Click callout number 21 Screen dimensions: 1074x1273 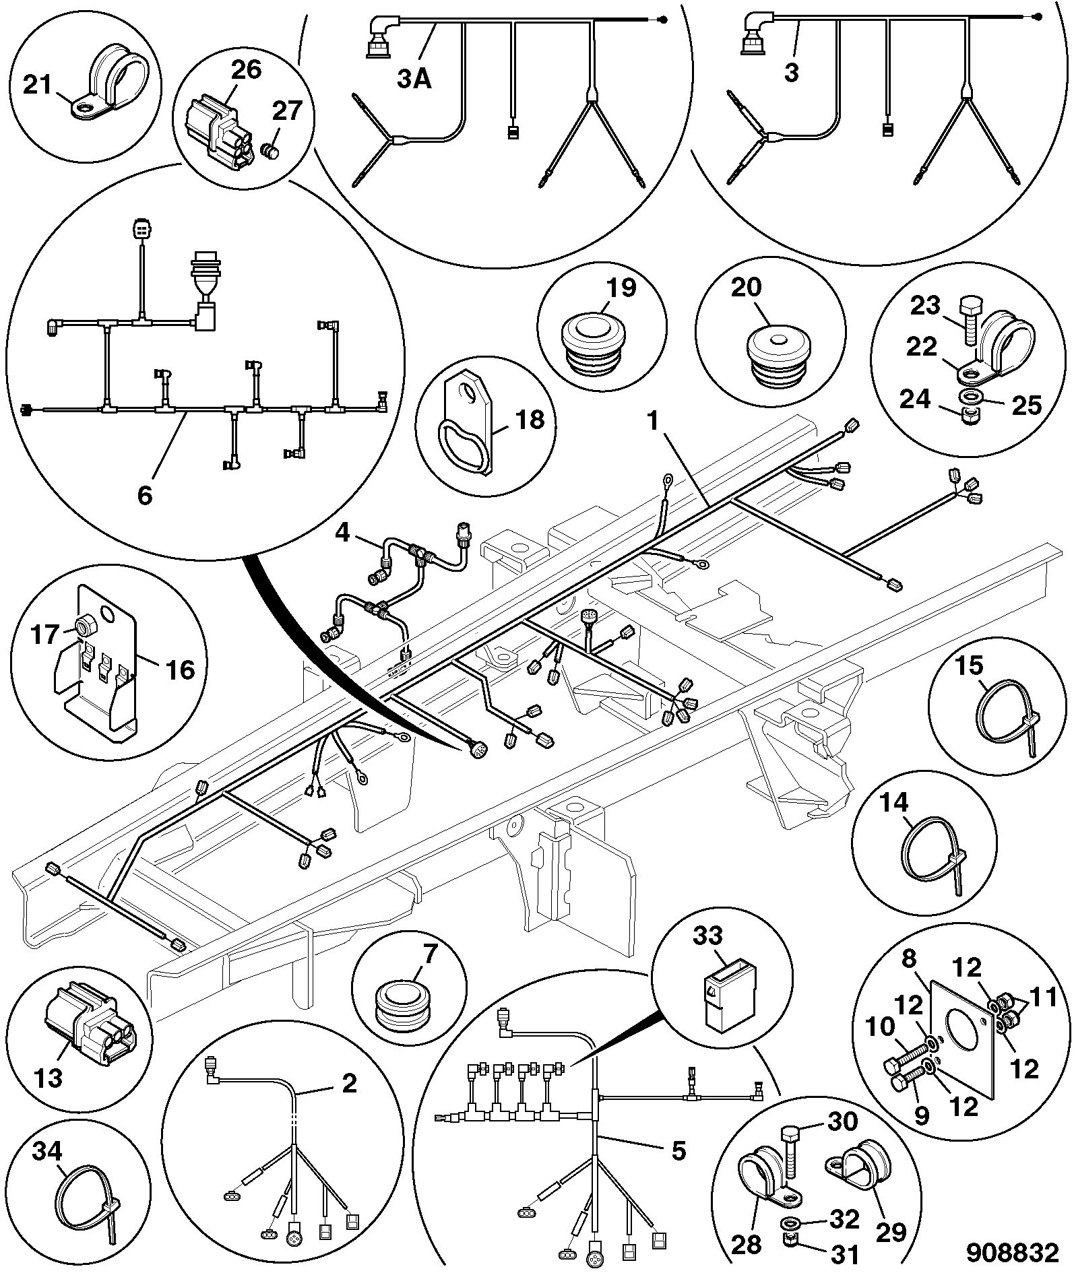38,86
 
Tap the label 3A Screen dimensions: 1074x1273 414,79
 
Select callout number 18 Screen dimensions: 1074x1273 530,420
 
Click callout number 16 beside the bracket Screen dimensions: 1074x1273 179,670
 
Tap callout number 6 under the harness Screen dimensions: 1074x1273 146,495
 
